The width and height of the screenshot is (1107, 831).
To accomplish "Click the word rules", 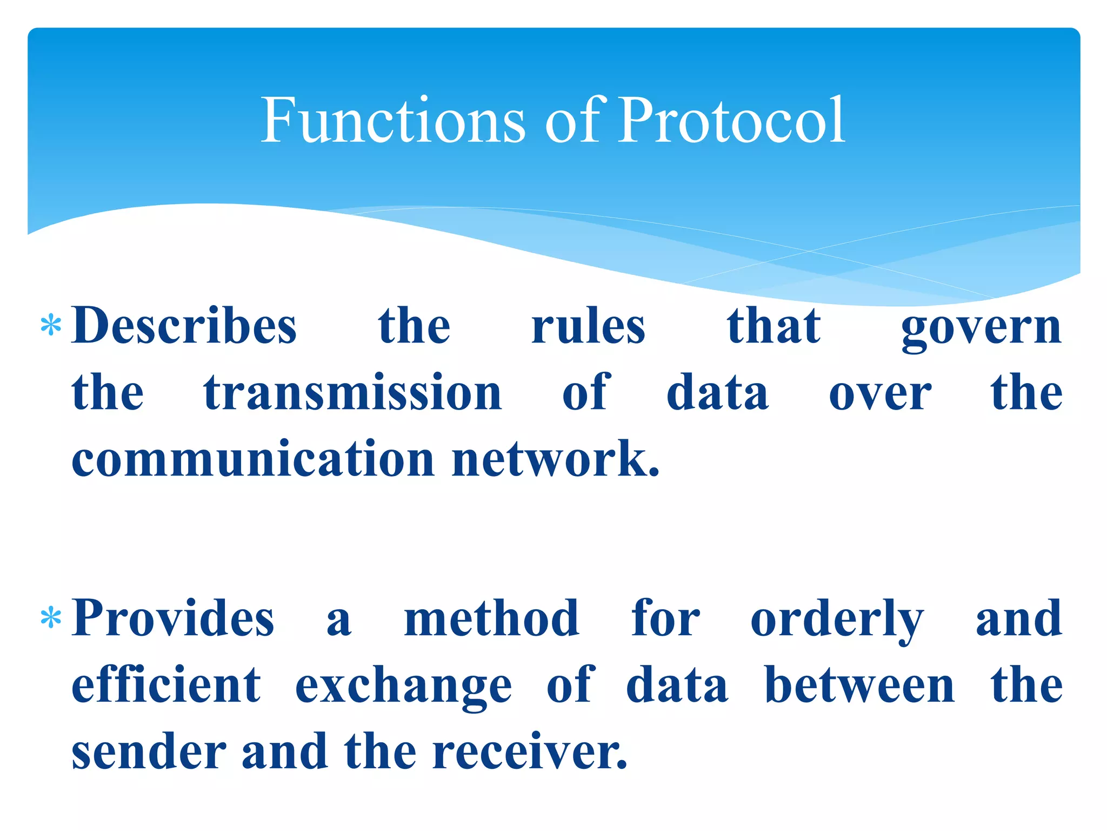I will [x=588, y=327].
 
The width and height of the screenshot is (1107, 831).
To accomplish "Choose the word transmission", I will [x=353, y=393].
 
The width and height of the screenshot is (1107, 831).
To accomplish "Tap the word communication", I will [x=253, y=459].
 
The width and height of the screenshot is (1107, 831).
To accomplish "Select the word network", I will [x=556, y=459].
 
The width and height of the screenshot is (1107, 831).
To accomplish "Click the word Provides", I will [x=173, y=618].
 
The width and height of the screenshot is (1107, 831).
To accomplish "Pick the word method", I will [x=492, y=618].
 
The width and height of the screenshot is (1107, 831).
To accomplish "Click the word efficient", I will [x=166, y=685].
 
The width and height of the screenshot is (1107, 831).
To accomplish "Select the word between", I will [x=859, y=685].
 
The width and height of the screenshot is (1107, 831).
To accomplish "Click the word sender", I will [x=149, y=752].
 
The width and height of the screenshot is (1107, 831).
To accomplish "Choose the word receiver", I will [x=530, y=752].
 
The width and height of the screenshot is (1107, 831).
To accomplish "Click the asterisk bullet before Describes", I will [x=51, y=326].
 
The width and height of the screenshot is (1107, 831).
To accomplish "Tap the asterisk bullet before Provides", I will [x=51, y=618].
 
